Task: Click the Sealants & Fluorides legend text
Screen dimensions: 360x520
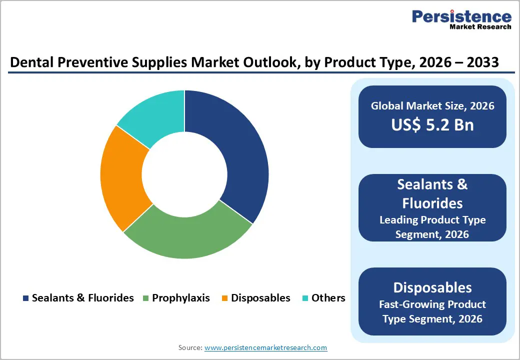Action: [82, 298]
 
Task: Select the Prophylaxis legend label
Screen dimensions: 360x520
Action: [180, 298]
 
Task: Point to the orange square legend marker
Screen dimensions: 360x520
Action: [225, 298]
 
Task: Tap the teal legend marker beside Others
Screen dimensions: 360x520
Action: [305, 298]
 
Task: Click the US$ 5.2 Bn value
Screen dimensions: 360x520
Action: [432, 124]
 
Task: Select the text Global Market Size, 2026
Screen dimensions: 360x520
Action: [432, 105]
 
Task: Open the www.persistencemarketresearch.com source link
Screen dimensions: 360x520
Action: [266, 347]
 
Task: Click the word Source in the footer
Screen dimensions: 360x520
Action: [190, 347]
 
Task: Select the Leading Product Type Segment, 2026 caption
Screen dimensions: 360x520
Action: [432, 226]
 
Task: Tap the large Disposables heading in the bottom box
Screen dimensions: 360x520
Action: [432, 287]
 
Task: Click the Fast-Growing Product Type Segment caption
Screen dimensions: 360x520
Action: [432, 311]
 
